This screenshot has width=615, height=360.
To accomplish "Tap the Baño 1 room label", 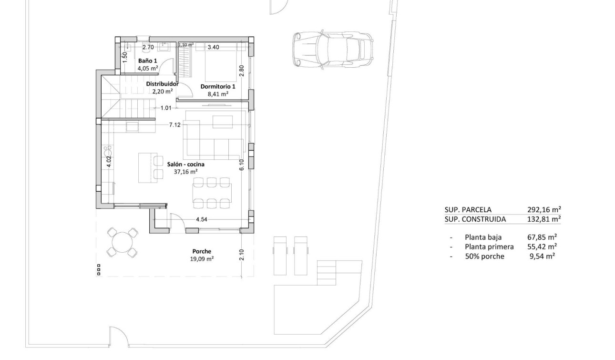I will pos(148,61).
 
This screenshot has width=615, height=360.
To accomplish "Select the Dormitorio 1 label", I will pos(217,87).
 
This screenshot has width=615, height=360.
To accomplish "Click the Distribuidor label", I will pos(162,84).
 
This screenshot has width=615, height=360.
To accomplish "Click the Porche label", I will pos(202,251).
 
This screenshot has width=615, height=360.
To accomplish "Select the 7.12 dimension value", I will pos(174,125).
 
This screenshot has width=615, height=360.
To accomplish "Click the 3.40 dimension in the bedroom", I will pos(214,47).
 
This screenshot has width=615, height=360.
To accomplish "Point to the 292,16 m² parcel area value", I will pos(543,209).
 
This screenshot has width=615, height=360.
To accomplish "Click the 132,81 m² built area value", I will pos(543,219).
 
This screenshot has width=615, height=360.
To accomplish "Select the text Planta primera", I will pos(489,247).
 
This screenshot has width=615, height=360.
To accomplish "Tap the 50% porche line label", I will pos(484,257).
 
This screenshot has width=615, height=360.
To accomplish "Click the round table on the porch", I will pos(123,242).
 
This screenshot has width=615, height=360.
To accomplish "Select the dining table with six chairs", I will pos(212,193).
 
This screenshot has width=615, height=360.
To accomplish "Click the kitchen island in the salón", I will pos(146,167).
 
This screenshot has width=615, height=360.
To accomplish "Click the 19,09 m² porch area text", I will pos(202,259).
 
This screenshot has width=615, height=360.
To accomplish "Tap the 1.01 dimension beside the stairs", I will pos(165,108).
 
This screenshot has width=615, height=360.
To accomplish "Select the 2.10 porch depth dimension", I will pos(242,255).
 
